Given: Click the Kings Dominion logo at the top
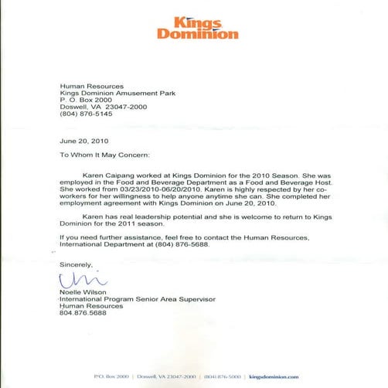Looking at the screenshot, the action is coord(197,28).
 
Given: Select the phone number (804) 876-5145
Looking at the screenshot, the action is coord(86,114).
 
